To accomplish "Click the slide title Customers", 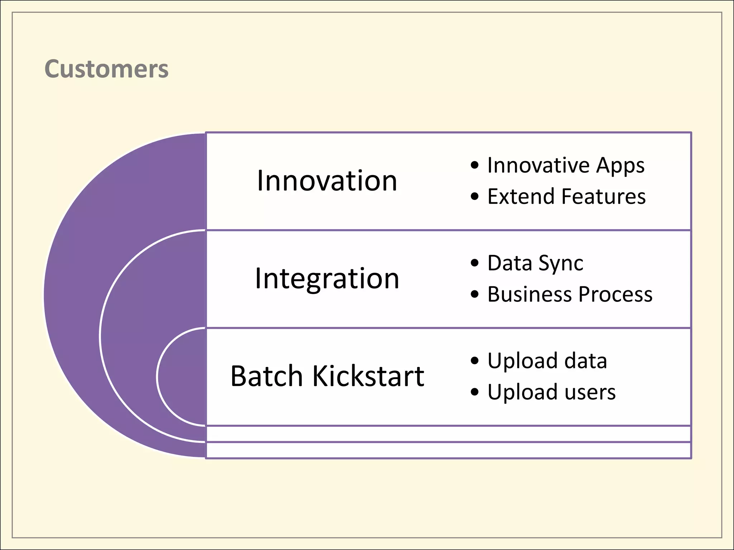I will pyautogui.click(x=106, y=69).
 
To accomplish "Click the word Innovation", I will pyautogui.click(x=327, y=180).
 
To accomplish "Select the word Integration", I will pyautogui.click(x=327, y=279).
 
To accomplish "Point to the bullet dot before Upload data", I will pyautogui.click(x=475, y=361).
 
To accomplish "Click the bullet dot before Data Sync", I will pyautogui.click(x=475, y=263).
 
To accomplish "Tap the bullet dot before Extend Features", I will pyautogui.click(x=475, y=197).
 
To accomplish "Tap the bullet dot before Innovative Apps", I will pyautogui.click(x=475, y=165).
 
